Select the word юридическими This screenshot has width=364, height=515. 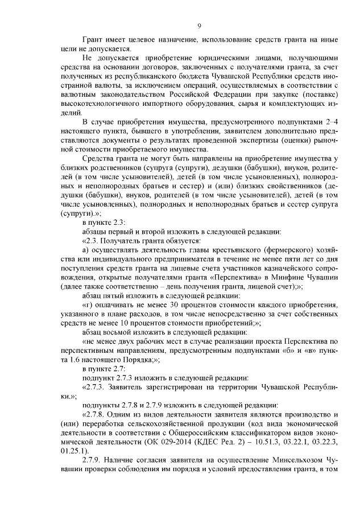tap(197, 59)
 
